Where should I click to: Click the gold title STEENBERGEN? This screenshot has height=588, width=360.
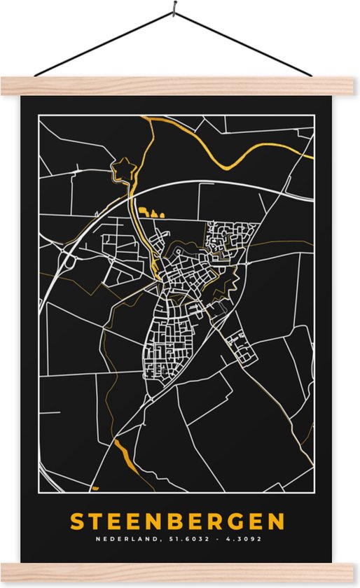177,521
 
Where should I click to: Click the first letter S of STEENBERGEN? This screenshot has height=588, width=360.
76,521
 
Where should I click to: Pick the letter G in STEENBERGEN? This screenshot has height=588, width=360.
235,521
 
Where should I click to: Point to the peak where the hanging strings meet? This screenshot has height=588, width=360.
171,12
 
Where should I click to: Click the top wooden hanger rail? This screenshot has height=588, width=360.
179,85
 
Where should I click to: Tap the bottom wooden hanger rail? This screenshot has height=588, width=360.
179,570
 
